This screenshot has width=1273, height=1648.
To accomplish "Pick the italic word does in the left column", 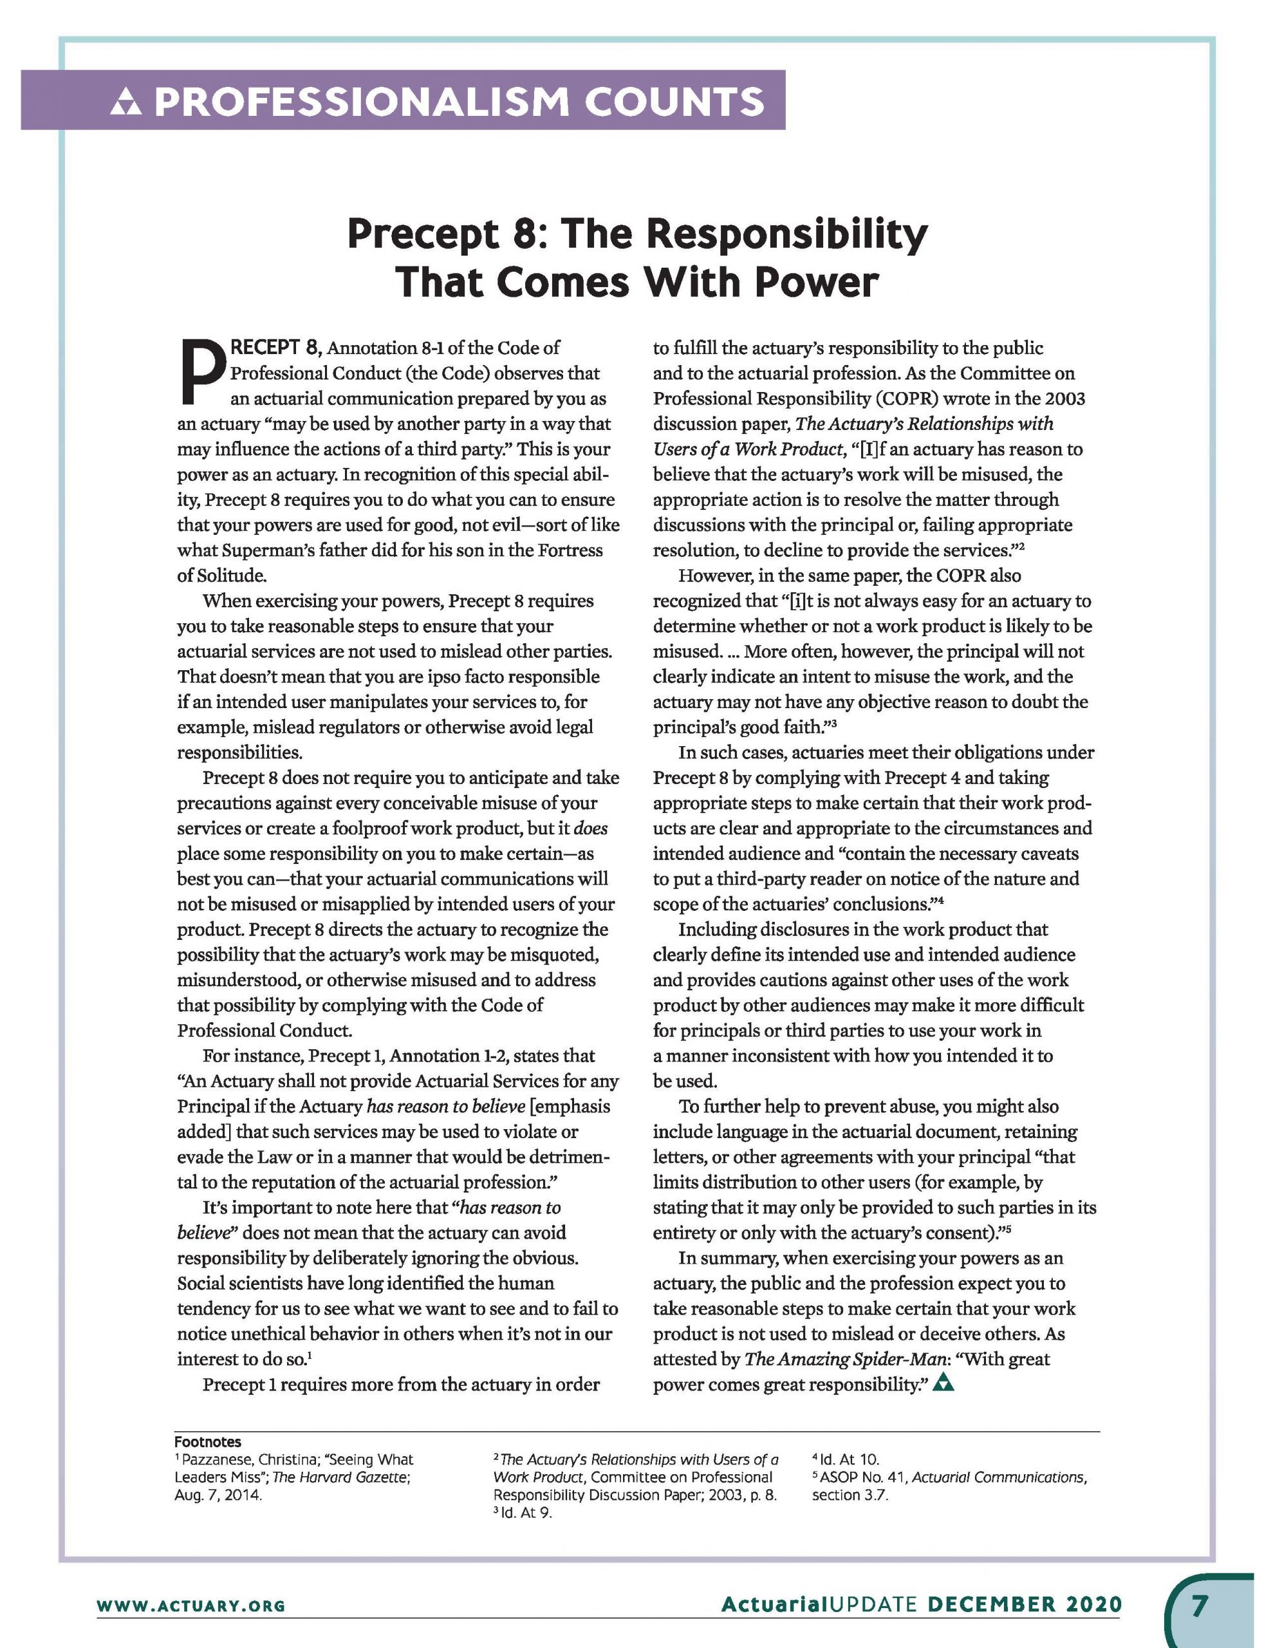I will tap(590, 829).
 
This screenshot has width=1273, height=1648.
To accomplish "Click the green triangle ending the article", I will tap(943, 1383).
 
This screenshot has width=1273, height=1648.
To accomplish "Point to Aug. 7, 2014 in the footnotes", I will tap(218, 1495).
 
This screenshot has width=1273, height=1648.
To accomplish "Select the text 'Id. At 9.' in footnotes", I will tap(526, 1513).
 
